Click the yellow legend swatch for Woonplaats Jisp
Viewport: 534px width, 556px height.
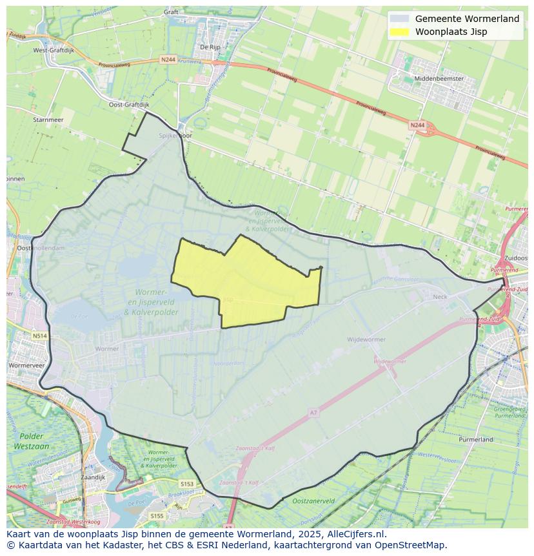tap(400, 32)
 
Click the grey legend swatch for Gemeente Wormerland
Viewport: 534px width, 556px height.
tap(400, 19)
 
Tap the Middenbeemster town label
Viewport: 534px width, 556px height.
tap(439, 78)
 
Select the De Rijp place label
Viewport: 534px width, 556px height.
tap(210, 46)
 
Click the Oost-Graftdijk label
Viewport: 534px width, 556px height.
tap(128, 104)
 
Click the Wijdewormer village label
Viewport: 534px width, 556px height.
tap(366, 339)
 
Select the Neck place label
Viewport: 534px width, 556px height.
tap(440, 296)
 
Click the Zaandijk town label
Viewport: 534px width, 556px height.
tap(94, 477)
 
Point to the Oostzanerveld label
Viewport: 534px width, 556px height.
tap(313, 500)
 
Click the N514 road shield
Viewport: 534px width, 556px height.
tap(40, 336)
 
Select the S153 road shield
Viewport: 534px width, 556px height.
tap(187, 484)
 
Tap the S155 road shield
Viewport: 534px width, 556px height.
tap(157, 516)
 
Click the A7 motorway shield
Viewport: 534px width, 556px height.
tap(314, 413)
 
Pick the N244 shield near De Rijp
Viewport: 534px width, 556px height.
tap(168, 59)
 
